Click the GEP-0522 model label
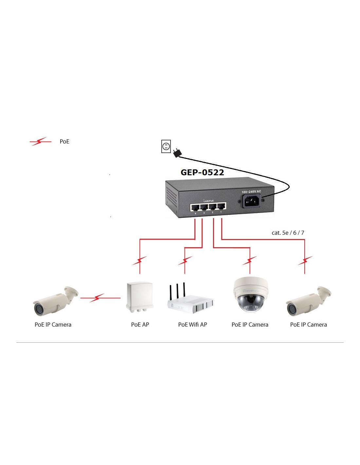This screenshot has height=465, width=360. [202, 172]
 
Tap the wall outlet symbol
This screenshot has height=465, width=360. [166, 146]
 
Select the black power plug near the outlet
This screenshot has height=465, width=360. [177, 152]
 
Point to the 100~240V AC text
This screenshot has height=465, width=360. [251, 192]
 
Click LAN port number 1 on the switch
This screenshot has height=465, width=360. [222, 207]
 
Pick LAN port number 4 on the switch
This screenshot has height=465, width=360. [195, 207]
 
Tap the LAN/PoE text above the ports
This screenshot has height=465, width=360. [208, 200]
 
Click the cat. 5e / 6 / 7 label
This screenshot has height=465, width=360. [288, 233]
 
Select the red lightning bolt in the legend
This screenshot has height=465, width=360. [40, 142]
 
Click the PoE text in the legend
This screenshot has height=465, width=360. [64, 142]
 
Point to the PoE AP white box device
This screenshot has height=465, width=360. [140, 297]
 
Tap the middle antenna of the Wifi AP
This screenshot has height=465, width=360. [177, 291]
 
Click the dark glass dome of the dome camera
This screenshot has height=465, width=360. [250, 303]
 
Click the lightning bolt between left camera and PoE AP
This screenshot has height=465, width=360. [97, 298]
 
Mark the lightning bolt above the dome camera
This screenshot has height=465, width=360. [250, 261]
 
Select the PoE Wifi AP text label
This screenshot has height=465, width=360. [192, 325]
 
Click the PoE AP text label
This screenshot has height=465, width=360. [140, 325]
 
